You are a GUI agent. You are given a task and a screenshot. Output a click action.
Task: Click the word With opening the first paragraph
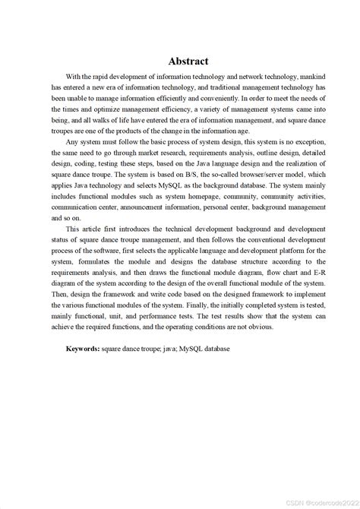tap(74, 77)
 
